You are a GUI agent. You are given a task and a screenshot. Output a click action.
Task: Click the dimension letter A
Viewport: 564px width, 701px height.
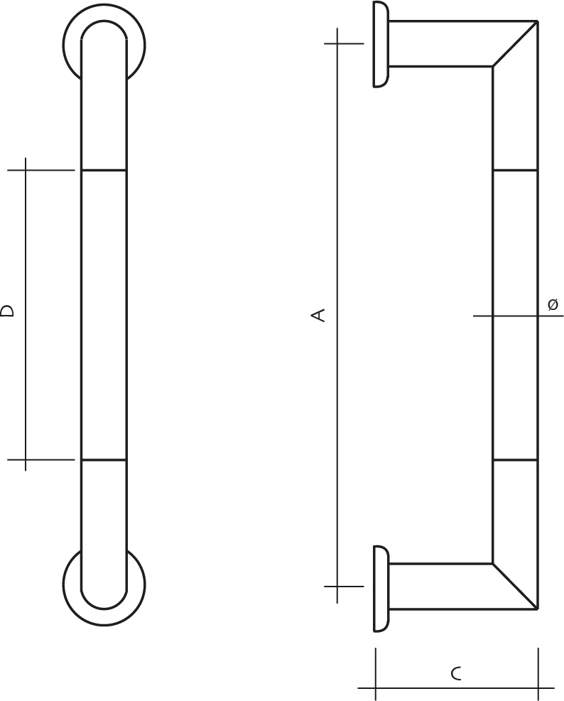click(318, 315)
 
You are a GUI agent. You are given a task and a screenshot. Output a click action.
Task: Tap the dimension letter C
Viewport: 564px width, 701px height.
click(455, 673)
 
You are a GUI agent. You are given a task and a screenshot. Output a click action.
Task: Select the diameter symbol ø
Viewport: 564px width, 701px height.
click(553, 304)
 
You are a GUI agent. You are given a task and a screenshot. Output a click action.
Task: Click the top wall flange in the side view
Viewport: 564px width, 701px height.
click(381, 44)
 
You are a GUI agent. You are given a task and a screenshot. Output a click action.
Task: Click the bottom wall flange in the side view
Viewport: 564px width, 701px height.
click(381, 589)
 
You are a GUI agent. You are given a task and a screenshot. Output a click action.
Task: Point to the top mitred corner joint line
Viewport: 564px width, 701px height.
click(515, 44)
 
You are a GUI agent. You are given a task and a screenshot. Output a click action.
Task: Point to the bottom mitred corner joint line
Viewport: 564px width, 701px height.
click(515, 586)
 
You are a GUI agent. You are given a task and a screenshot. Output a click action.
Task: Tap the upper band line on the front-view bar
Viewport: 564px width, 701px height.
click(104, 171)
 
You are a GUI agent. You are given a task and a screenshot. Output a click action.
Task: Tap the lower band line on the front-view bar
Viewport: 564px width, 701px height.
click(104, 459)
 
